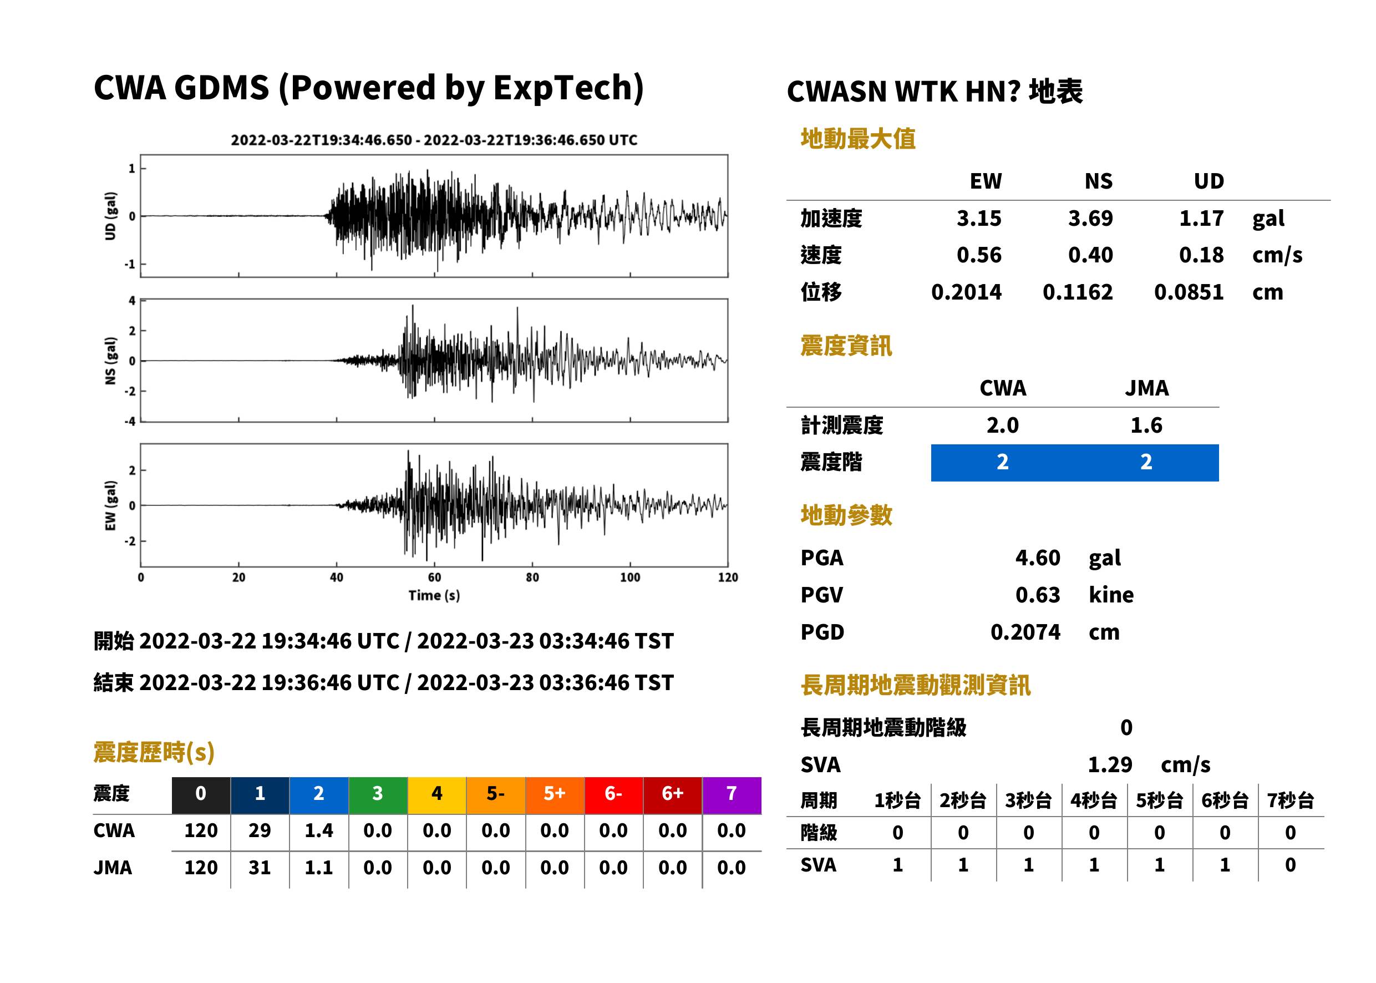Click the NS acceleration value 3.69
tap(1090, 219)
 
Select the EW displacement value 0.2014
tap(966, 292)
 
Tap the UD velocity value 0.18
tap(1201, 255)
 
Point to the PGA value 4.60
tap(1038, 558)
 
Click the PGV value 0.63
tap(1038, 595)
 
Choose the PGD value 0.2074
tap(1025, 632)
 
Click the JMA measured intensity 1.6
tap(1146, 425)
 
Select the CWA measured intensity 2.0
tap(1003, 425)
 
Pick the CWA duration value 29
tap(260, 831)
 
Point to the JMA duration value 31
tap(260, 868)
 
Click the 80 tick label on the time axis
tap(532, 577)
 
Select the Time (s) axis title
tap(434, 596)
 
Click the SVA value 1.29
tap(1110, 765)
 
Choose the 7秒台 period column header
tap(1290, 801)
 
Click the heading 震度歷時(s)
tap(154, 752)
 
